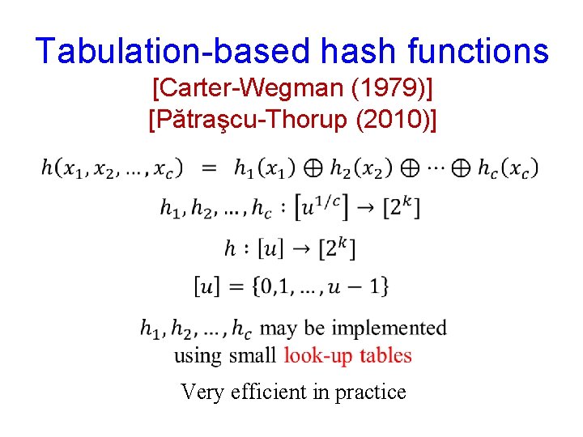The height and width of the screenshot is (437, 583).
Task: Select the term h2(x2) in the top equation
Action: [x=361, y=168]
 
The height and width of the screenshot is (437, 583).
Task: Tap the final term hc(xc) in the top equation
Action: [x=507, y=168]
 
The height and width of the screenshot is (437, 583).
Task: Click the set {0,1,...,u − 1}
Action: [x=317, y=285]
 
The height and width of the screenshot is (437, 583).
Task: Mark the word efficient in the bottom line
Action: [x=264, y=392]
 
